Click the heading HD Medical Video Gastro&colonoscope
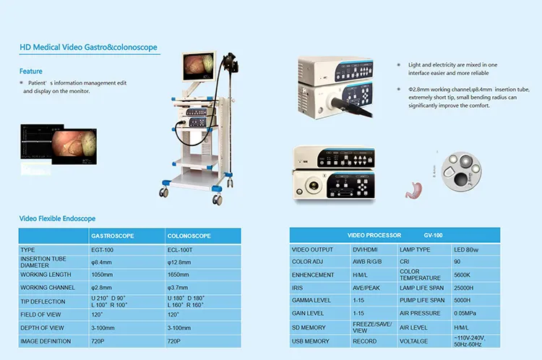click(88, 48)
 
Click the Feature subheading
click(31, 72)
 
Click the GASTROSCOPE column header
click(112, 236)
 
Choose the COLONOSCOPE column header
click(189, 236)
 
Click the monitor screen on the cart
click(200, 67)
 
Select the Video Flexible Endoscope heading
click(57, 218)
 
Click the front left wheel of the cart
click(164, 193)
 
